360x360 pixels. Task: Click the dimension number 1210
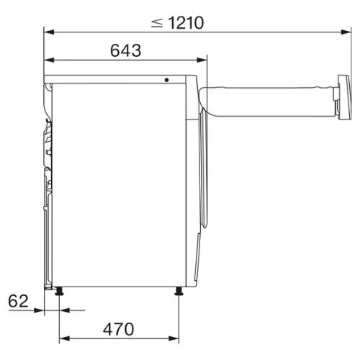(x=186, y=23)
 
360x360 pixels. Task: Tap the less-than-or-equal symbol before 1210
(x=157, y=23)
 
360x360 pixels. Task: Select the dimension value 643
(x=125, y=50)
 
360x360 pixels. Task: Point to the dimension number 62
(x=18, y=301)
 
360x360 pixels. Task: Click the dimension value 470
(x=119, y=329)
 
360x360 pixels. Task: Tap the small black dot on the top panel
(x=166, y=80)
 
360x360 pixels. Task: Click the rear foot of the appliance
(x=59, y=291)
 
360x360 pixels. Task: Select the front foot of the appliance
(x=179, y=291)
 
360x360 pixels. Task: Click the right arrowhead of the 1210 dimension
(x=346, y=32)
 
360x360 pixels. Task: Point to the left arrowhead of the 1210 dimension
(x=49, y=32)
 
